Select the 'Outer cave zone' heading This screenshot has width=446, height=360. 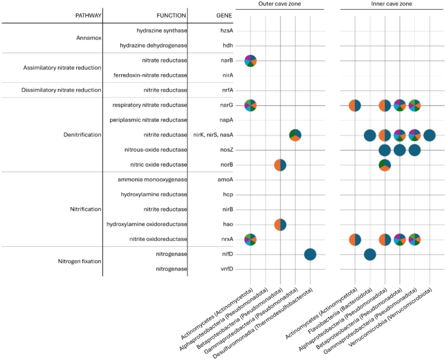(280, 4)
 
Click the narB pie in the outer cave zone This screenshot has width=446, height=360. (251, 61)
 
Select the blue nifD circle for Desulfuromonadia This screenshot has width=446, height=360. (310, 255)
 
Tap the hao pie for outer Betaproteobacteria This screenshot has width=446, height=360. (280, 225)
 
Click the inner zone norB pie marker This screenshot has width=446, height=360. (385, 165)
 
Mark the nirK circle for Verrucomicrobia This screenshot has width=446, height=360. (429, 135)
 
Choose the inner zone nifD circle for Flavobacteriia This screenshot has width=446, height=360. (370, 255)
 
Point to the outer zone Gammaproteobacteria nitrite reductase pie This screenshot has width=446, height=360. (295, 135)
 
